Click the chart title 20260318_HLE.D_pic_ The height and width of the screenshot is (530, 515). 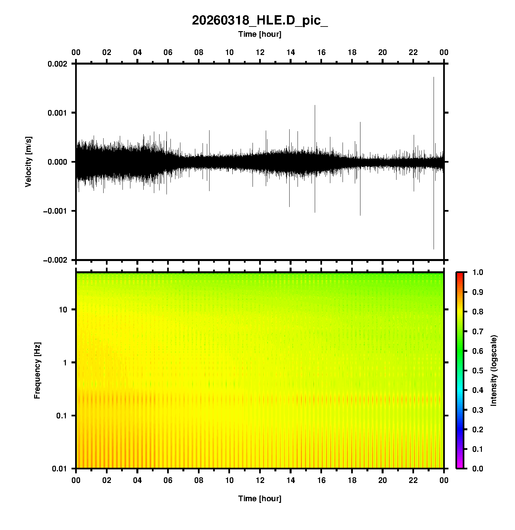(260, 21)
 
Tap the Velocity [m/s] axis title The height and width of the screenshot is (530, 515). (28, 162)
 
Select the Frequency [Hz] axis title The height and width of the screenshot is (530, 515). (37, 371)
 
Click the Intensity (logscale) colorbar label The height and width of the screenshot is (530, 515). (494, 370)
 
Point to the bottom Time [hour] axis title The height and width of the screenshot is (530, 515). (260, 499)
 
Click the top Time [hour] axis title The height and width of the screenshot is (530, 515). (260, 34)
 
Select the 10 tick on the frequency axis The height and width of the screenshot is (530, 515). (63, 310)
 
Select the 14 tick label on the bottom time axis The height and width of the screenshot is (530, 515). (291, 480)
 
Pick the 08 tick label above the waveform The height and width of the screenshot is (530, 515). (199, 52)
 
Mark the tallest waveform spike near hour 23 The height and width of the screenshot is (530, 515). (434, 78)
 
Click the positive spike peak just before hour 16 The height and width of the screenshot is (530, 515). (315, 106)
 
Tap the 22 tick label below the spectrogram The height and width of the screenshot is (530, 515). (413, 480)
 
